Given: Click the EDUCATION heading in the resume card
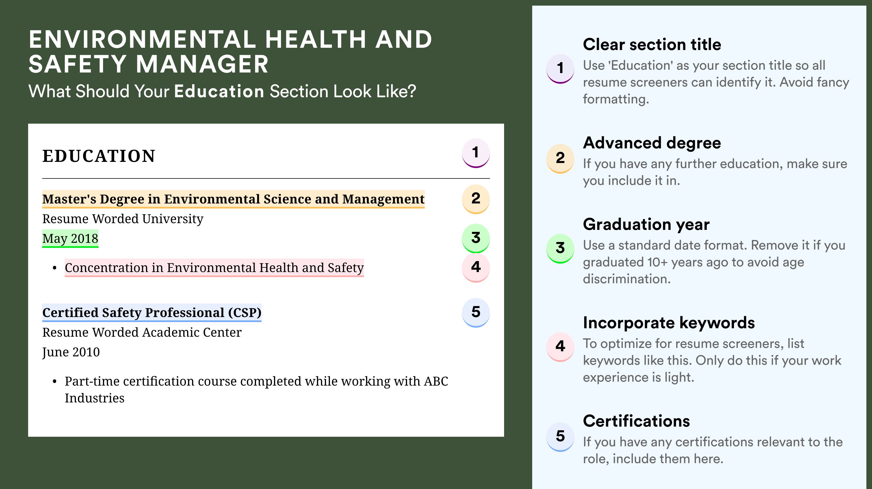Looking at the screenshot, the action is tap(98, 156).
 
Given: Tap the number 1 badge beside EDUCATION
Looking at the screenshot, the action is tap(476, 153).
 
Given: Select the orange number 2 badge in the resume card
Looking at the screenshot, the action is tap(476, 199).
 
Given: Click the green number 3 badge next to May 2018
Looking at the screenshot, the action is tap(476, 238).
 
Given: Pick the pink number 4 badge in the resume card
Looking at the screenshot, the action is tap(476, 268).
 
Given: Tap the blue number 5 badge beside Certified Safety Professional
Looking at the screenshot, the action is tap(476, 313).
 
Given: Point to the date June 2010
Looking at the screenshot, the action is tap(71, 352).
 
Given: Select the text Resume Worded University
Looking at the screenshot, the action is tap(123, 219).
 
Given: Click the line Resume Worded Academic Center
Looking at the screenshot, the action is tap(142, 332).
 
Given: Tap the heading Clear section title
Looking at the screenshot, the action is tap(652, 44).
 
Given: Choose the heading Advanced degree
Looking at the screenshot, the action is tap(652, 143).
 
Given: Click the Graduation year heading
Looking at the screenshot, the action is tap(646, 224).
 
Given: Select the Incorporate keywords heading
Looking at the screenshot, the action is tap(669, 323).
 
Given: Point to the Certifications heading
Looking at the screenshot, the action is tap(636, 421).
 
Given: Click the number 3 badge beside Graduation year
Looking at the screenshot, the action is tap(560, 248).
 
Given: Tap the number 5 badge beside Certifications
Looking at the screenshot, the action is tap(560, 436).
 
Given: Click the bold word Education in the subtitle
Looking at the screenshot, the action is tap(219, 91).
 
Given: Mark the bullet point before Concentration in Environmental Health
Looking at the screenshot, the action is tap(55, 268).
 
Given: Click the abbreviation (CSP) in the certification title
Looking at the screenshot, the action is tap(245, 313).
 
